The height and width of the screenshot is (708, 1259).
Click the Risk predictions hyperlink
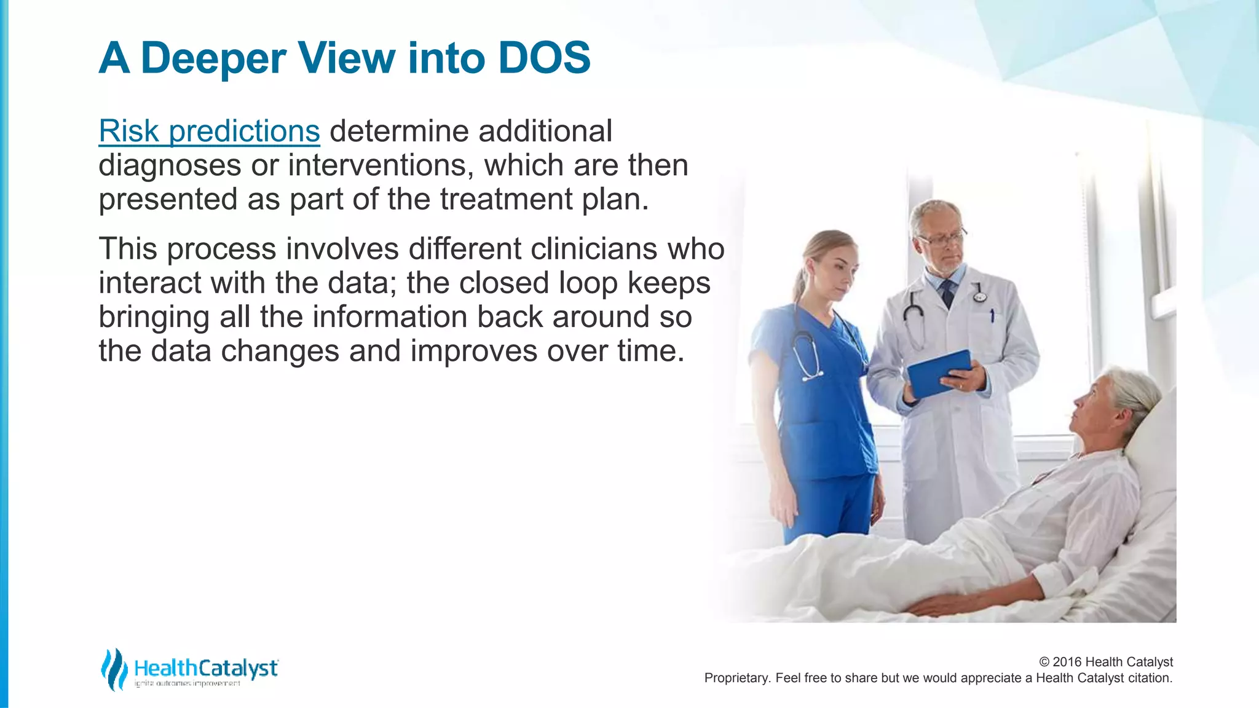[209, 132]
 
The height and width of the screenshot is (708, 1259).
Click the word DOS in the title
[544, 58]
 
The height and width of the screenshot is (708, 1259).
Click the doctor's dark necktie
[947, 293]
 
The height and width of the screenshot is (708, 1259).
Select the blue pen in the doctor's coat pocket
[992, 317]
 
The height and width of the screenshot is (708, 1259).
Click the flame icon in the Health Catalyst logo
[114, 669]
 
